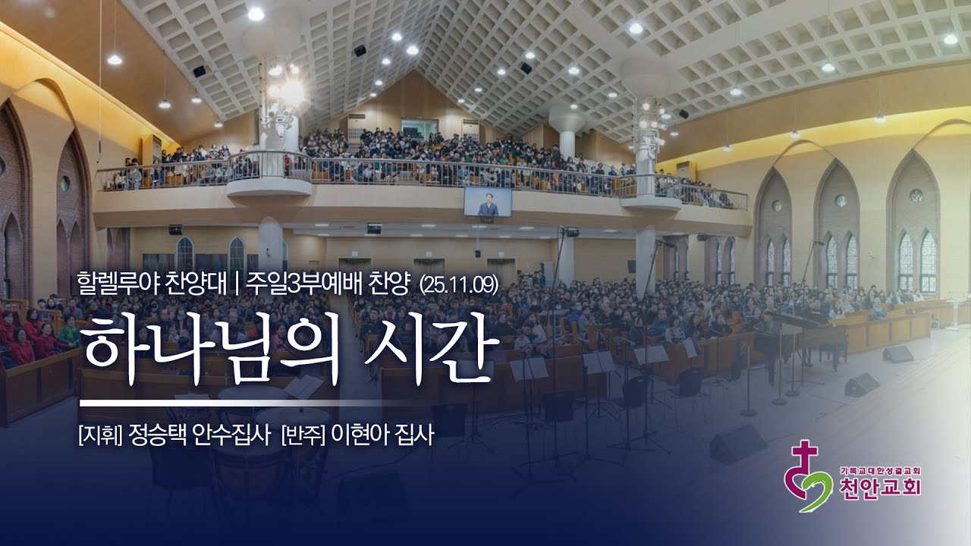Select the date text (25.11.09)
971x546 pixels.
pyautogui.click(x=458, y=284)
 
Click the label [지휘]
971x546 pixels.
pyautogui.click(x=99, y=438)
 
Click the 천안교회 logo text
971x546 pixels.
pyautogui.click(x=880, y=488)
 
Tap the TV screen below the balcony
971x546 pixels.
pyautogui.click(x=488, y=201)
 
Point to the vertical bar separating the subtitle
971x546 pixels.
pyautogui.click(x=237, y=284)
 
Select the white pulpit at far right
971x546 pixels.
pyautogui.click(x=954, y=311)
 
